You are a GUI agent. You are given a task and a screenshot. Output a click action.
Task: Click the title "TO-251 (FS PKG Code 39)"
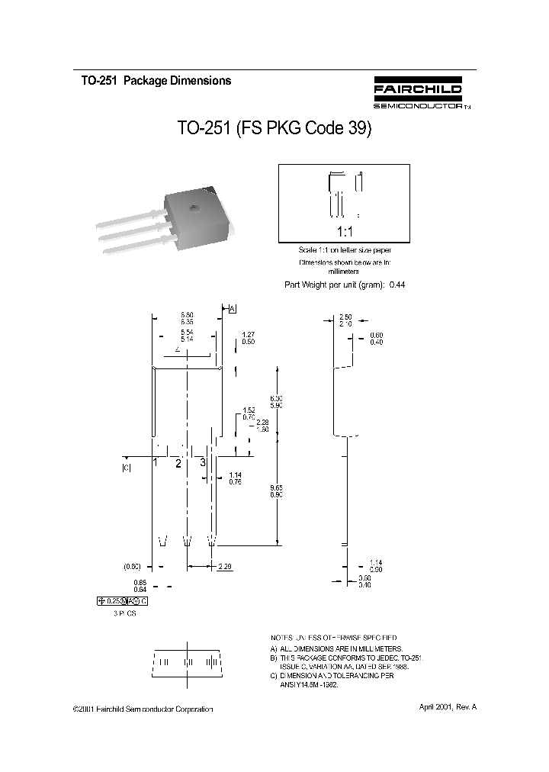click(x=274, y=129)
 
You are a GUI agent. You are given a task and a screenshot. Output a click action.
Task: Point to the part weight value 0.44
click(x=396, y=285)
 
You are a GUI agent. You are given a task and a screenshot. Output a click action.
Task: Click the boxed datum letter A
click(x=232, y=308)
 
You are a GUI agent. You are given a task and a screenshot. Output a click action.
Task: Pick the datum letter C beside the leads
click(x=127, y=468)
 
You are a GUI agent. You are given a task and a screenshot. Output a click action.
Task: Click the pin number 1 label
click(x=155, y=462)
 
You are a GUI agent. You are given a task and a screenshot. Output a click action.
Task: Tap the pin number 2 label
click(x=178, y=464)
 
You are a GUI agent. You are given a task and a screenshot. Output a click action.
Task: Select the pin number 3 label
click(x=203, y=462)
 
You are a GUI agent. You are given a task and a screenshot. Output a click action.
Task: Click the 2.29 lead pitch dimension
click(x=225, y=566)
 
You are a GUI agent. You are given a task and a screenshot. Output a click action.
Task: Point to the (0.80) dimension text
click(x=133, y=566)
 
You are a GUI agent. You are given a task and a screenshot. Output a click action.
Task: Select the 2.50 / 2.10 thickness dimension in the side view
click(x=345, y=320)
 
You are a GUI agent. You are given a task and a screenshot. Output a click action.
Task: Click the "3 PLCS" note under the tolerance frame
click(x=120, y=613)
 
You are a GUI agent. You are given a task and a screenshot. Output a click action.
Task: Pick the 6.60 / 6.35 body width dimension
click(x=187, y=318)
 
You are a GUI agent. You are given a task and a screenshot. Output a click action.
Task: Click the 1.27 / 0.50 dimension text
click(x=248, y=338)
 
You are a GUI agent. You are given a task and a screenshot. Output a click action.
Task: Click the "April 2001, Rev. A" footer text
click(x=448, y=707)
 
